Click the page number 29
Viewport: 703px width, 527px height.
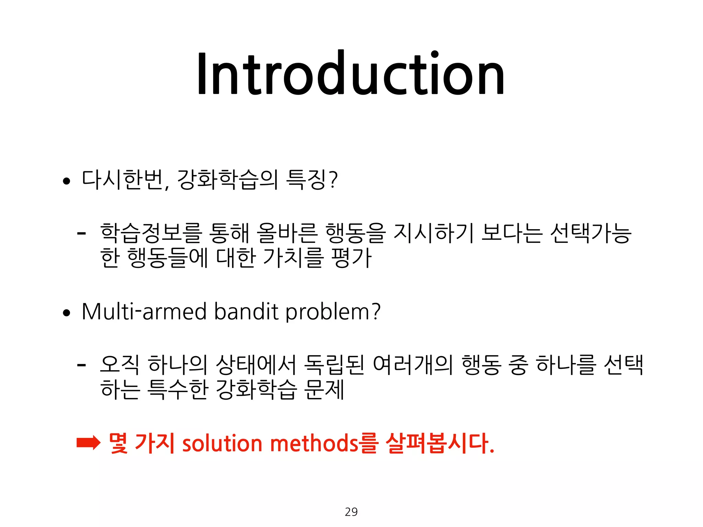[x=351, y=512]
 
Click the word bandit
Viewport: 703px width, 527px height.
[x=246, y=312]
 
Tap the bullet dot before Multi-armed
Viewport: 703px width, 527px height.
[x=67, y=313]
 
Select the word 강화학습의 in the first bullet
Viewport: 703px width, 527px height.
[x=227, y=180]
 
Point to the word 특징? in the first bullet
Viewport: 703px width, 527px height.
[x=312, y=180]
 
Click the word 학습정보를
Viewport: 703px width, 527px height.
[x=151, y=233]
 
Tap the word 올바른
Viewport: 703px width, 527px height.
[x=287, y=233]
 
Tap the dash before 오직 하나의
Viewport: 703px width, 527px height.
[x=81, y=365]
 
